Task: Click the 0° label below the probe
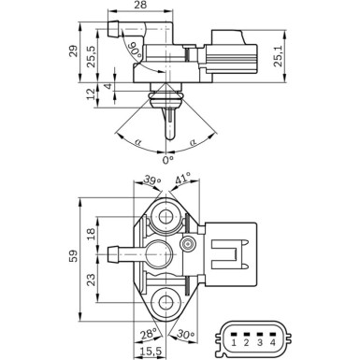pyautogui.click(x=168, y=160)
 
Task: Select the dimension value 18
pyautogui.click(x=92, y=234)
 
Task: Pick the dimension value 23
pyautogui.click(x=92, y=279)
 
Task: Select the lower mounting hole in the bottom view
pyautogui.click(x=167, y=301)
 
